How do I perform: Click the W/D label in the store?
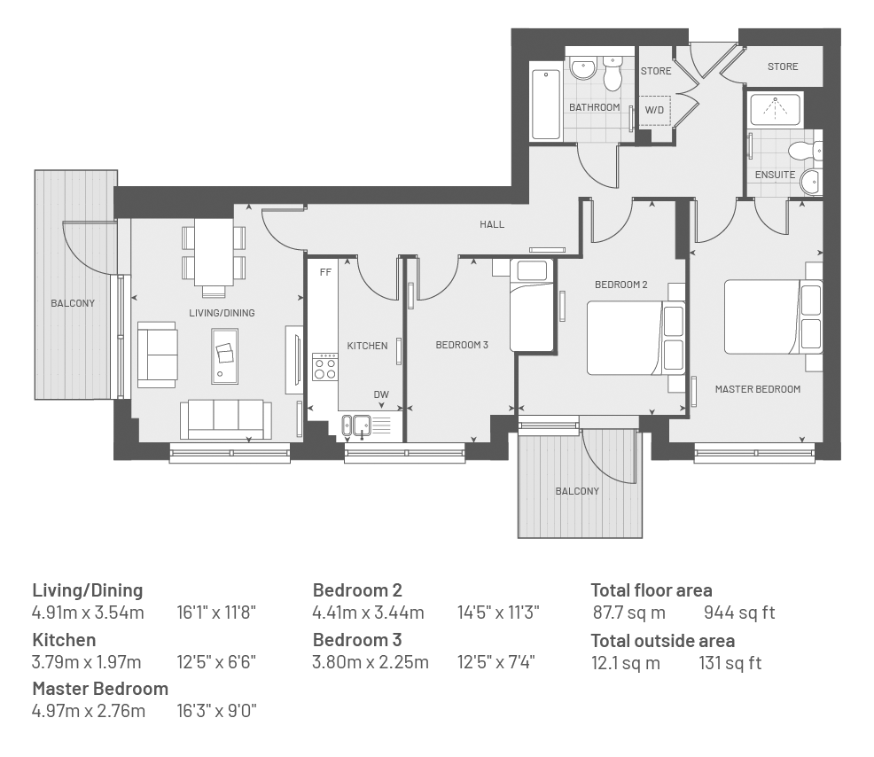(654, 110)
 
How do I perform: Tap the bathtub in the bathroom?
(546, 105)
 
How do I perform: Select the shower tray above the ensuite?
(775, 109)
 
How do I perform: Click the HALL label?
(492, 224)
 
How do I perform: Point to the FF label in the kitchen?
(325, 272)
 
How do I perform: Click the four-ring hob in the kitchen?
(325, 367)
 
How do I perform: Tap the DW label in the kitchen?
(381, 394)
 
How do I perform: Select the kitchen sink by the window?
(356, 425)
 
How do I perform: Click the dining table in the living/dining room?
(214, 252)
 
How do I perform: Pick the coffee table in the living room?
(224, 356)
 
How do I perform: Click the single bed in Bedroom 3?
(533, 306)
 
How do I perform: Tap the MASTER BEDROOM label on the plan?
(758, 389)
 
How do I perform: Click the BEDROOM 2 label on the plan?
(621, 285)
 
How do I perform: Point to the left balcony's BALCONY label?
(73, 303)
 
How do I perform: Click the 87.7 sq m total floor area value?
(628, 613)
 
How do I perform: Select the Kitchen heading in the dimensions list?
(64, 639)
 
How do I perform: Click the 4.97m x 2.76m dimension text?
(89, 711)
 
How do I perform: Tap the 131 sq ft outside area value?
(730, 663)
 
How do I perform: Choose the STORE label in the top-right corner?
(783, 66)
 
